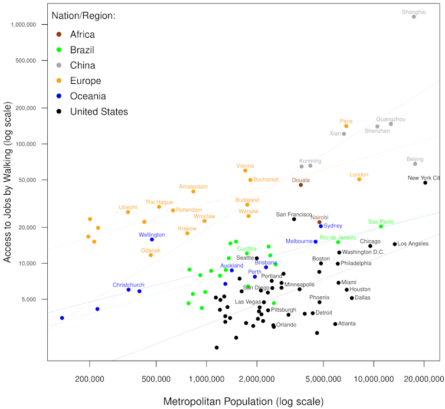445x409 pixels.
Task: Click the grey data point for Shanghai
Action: (414, 17)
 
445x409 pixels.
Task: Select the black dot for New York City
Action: (425, 182)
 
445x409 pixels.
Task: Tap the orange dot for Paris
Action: (346, 126)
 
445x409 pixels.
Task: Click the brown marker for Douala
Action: (300, 185)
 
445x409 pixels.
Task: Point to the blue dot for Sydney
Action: (321, 226)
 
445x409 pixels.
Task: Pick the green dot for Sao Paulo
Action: (381, 227)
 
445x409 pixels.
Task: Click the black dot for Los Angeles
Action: (395, 244)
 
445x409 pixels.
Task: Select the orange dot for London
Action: (359, 179)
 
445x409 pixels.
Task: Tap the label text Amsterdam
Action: (193, 186)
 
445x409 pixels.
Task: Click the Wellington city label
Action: (152, 234)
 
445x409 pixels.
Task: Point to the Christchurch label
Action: (129, 285)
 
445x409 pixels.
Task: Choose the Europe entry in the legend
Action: (85, 81)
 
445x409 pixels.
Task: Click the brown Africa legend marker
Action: (58, 35)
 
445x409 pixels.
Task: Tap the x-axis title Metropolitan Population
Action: (243, 401)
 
